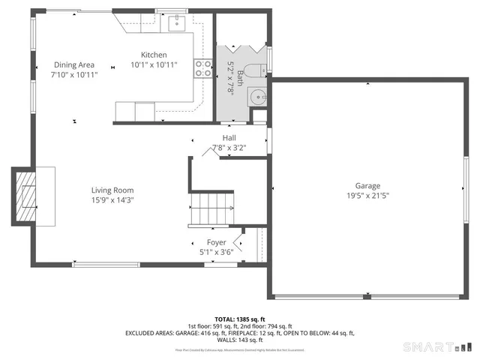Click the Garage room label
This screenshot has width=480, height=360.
(367, 185)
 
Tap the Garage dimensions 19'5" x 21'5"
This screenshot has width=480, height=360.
(367, 196)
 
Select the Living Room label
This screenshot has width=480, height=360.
(112, 190)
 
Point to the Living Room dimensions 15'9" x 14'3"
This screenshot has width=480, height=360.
(112, 200)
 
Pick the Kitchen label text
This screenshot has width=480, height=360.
(154, 55)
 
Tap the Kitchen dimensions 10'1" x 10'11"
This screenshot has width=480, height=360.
(154, 65)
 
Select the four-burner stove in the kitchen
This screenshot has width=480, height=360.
(202, 69)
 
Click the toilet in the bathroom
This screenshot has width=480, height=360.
(251, 73)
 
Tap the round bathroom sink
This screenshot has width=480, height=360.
(259, 97)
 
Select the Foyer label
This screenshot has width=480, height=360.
(217, 242)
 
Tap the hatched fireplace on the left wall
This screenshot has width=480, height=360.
(26, 196)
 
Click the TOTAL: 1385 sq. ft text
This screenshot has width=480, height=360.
(239, 319)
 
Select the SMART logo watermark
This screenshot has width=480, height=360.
(438, 346)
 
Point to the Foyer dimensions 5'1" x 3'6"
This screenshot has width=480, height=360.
(217, 253)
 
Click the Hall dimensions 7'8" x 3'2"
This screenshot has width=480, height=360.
(229, 148)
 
